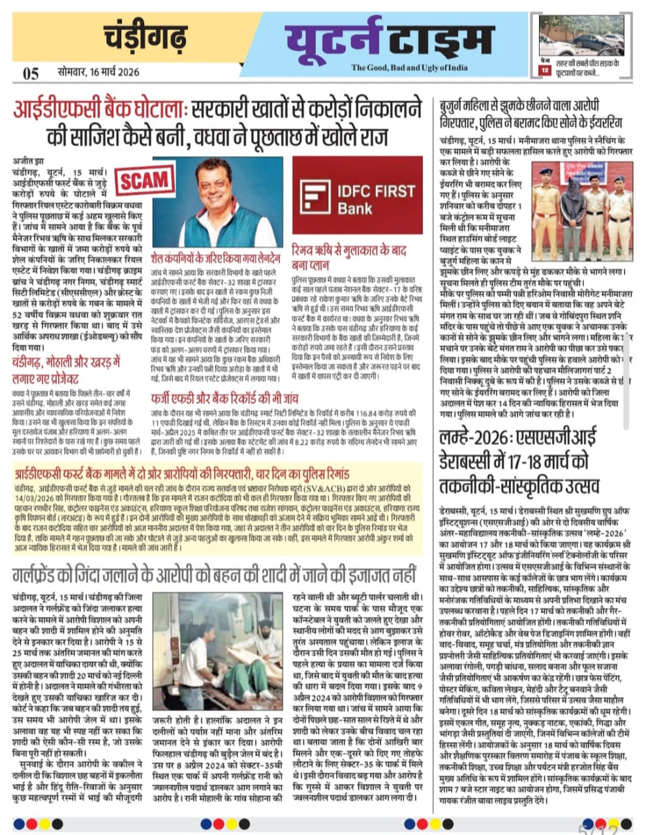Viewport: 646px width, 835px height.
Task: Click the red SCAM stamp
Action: [x=144, y=179]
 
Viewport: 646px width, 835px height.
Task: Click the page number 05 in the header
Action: [x=31, y=73]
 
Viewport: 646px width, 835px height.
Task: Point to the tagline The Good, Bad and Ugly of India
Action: [x=418, y=68]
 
